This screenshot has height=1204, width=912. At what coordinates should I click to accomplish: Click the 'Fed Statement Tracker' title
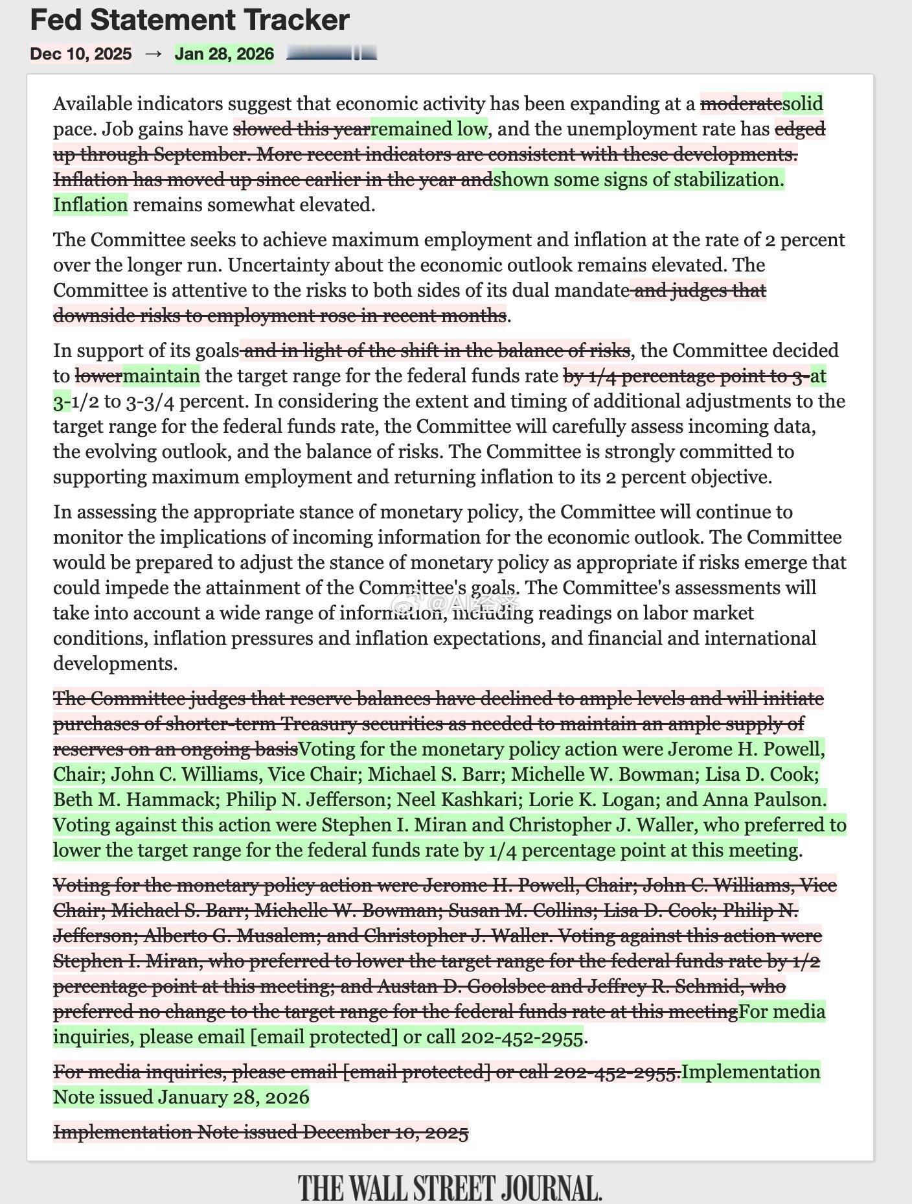(x=190, y=21)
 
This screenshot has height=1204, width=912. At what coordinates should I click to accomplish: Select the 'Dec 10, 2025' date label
(x=81, y=53)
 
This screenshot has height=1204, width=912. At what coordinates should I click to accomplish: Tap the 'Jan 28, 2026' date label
(x=224, y=53)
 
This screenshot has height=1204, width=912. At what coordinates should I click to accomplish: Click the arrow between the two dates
(x=154, y=53)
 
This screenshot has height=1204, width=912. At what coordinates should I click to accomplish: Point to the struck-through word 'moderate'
(x=741, y=104)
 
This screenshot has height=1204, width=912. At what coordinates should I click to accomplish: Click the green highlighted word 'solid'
(x=803, y=104)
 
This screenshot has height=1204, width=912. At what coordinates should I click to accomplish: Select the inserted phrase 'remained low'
(x=428, y=129)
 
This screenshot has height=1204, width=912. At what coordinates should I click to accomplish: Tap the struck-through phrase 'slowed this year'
(x=301, y=129)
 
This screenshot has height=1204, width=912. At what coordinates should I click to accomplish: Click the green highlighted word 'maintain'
(x=161, y=376)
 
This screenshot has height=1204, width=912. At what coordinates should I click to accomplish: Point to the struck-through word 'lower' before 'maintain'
(x=98, y=376)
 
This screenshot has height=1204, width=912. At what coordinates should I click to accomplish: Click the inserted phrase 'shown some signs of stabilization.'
(x=639, y=179)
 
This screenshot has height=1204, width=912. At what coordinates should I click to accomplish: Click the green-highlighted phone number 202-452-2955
(x=521, y=1037)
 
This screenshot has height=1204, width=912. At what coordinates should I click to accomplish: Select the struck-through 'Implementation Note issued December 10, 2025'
(x=260, y=1132)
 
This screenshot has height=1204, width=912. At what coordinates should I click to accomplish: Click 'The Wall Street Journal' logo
(x=450, y=1187)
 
